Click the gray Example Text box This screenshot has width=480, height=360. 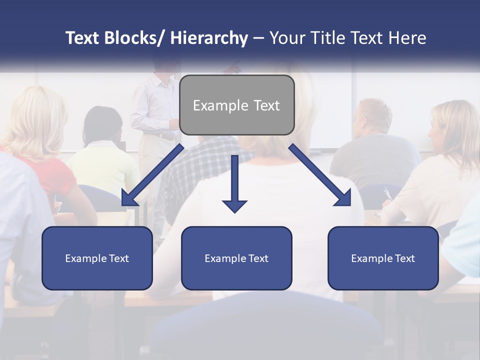(x=236, y=105)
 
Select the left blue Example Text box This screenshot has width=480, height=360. (x=97, y=258)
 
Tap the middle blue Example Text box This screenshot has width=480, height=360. (x=236, y=258)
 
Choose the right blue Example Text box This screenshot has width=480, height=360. (x=383, y=258)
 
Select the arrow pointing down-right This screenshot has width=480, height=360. (x=320, y=175)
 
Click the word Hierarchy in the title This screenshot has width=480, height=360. (x=209, y=38)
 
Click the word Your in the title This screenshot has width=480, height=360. (x=286, y=38)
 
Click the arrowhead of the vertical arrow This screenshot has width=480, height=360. (x=234, y=205)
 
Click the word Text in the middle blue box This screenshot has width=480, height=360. (x=257, y=258)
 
